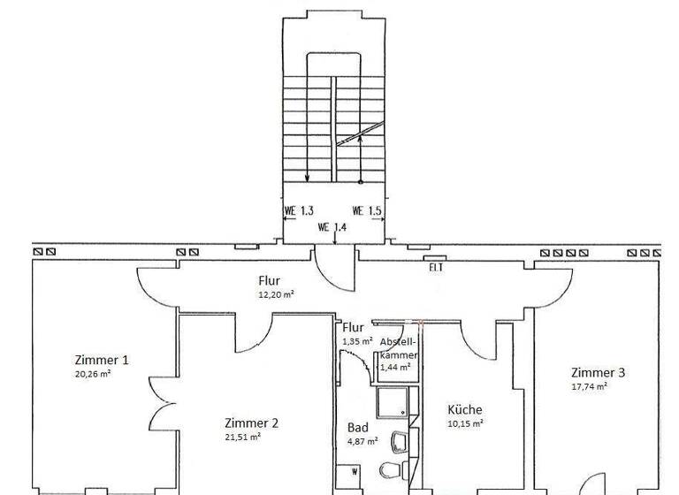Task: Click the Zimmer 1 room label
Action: coord(103,360)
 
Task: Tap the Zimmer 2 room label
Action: coord(251,423)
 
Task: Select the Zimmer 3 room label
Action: coord(598,372)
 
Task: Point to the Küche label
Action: coord(465,409)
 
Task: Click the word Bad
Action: coord(357,428)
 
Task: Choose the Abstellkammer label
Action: coord(399,347)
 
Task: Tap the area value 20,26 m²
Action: coord(93,374)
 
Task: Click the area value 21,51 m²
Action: coord(242,437)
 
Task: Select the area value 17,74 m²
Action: coord(589,386)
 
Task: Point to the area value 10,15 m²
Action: coord(465,423)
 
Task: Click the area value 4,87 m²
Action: coord(362,440)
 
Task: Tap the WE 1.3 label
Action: coord(299,211)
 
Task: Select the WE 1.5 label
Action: coord(367,211)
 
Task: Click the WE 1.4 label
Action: coord(332,227)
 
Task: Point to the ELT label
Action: coord(435,267)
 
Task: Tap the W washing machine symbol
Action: coord(355,472)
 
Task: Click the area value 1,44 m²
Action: coord(394,367)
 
